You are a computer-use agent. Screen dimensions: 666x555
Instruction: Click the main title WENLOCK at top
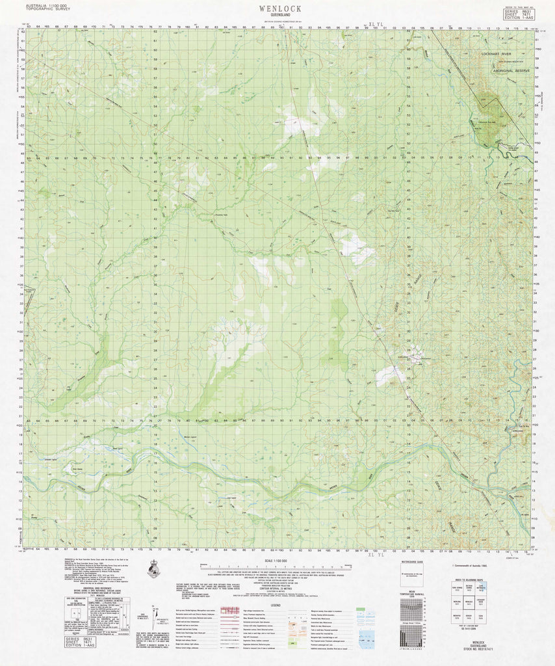tap(279, 9)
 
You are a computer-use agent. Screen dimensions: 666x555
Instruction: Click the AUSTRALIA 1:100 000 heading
tap(46, 5)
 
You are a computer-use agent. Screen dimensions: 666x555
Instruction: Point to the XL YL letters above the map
tap(376, 25)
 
